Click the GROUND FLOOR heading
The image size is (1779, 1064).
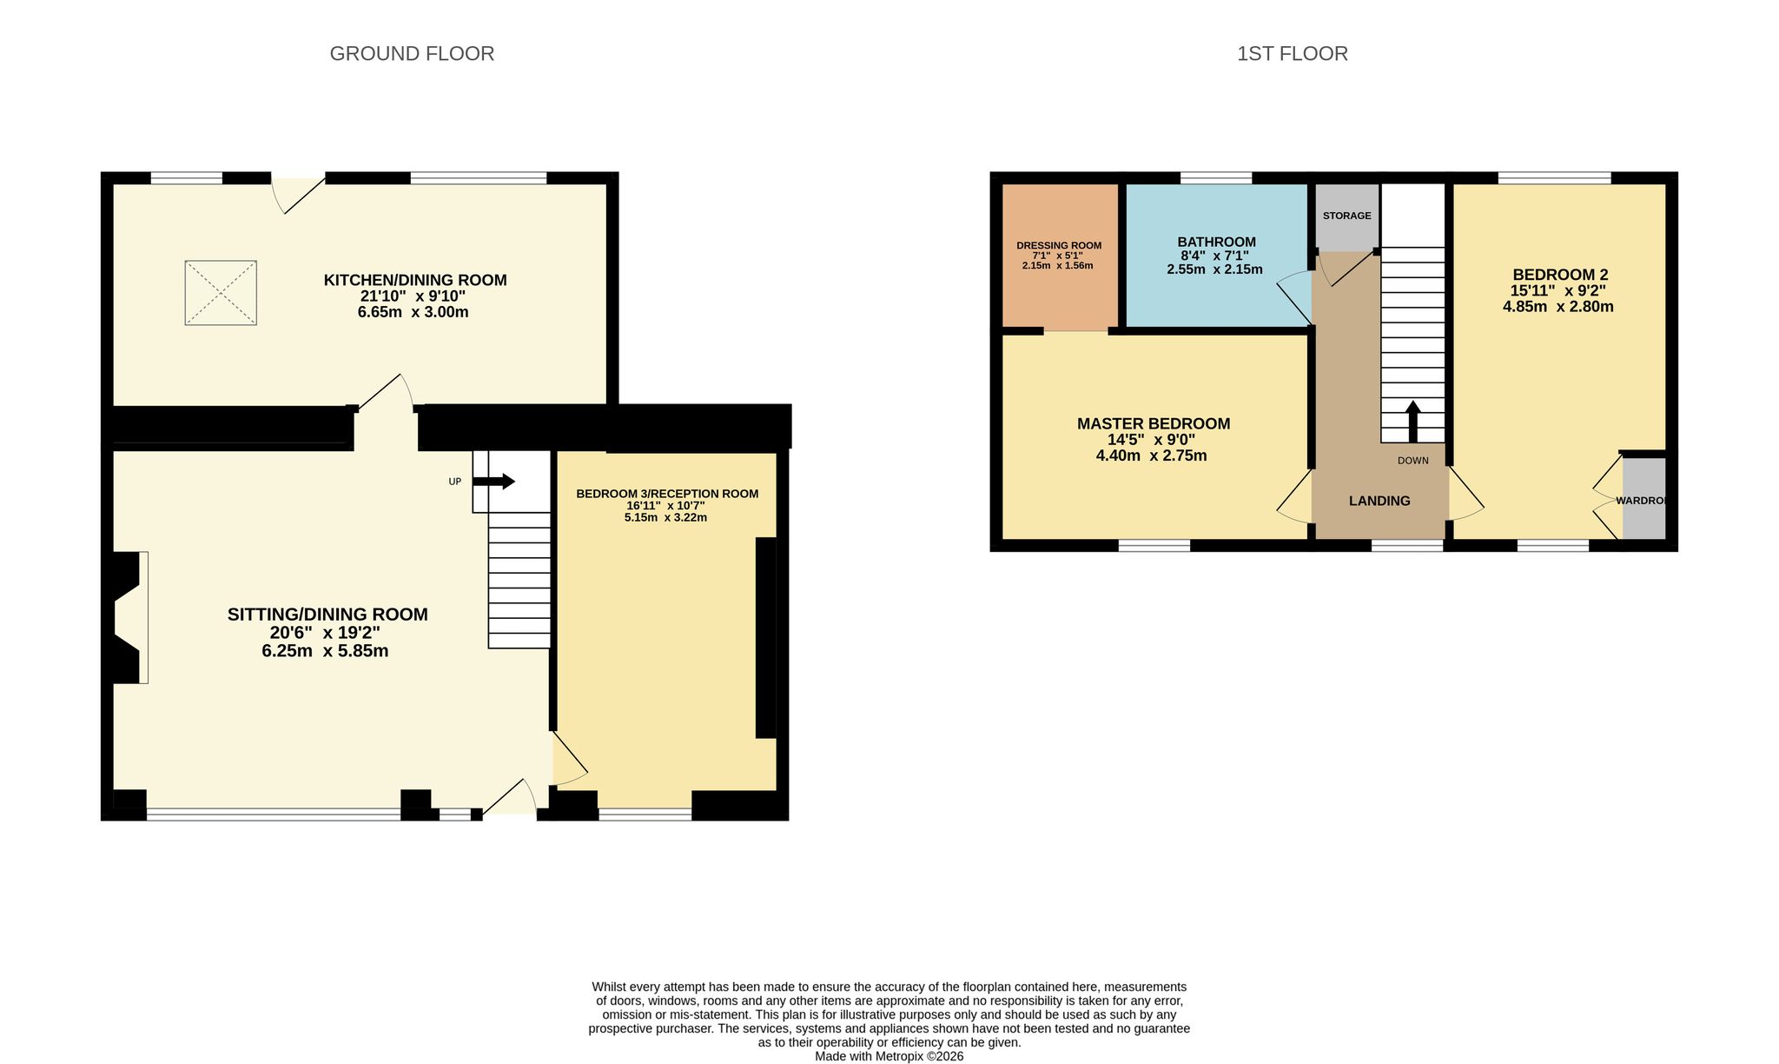coord(412,54)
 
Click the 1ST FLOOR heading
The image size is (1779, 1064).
coord(1293,54)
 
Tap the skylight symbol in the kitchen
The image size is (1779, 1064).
coord(221,293)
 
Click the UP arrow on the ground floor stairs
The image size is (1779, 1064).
coord(494,482)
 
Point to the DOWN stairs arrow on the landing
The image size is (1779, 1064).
coord(1413,422)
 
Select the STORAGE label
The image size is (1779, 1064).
coord(1347,216)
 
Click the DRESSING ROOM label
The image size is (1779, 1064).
coord(1059,245)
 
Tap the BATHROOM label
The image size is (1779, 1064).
coord(1216,242)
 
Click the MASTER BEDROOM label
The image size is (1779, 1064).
coord(1154,424)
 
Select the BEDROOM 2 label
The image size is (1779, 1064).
coord(1560,275)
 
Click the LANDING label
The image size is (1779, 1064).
coord(1379,501)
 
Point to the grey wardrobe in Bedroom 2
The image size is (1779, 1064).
coord(1643,498)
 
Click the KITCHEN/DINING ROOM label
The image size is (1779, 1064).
coord(415,280)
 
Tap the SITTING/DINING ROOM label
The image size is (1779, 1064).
coord(327,615)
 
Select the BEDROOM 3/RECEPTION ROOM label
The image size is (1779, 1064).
coord(667,494)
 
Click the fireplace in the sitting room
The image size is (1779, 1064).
coord(128,617)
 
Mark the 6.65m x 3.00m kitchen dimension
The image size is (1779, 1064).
coord(413,312)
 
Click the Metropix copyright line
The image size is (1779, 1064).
coord(889,1057)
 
